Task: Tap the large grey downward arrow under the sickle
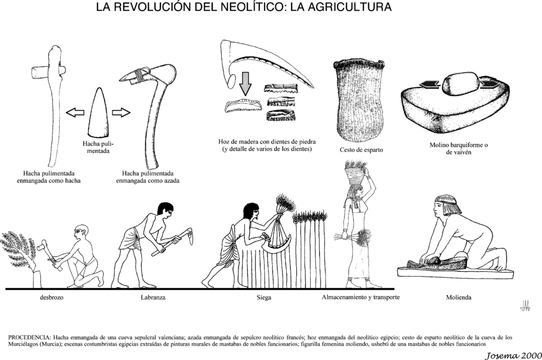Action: click(x=246, y=83)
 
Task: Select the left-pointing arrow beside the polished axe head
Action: click(x=75, y=112)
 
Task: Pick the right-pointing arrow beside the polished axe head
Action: click(x=121, y=112)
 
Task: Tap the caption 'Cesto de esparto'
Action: click(x=361, y=150)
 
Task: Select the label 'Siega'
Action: click(x=264, y=297)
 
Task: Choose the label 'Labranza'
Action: click(x=153, y=297)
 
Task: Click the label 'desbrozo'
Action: click(x=51, y=297)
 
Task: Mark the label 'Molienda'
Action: click(x=458, y=297)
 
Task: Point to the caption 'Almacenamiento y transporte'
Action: click(x=360, y=296)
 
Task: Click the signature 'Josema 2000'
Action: click(x=513, y=355)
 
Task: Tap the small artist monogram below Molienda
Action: click(x=525, y=305)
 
